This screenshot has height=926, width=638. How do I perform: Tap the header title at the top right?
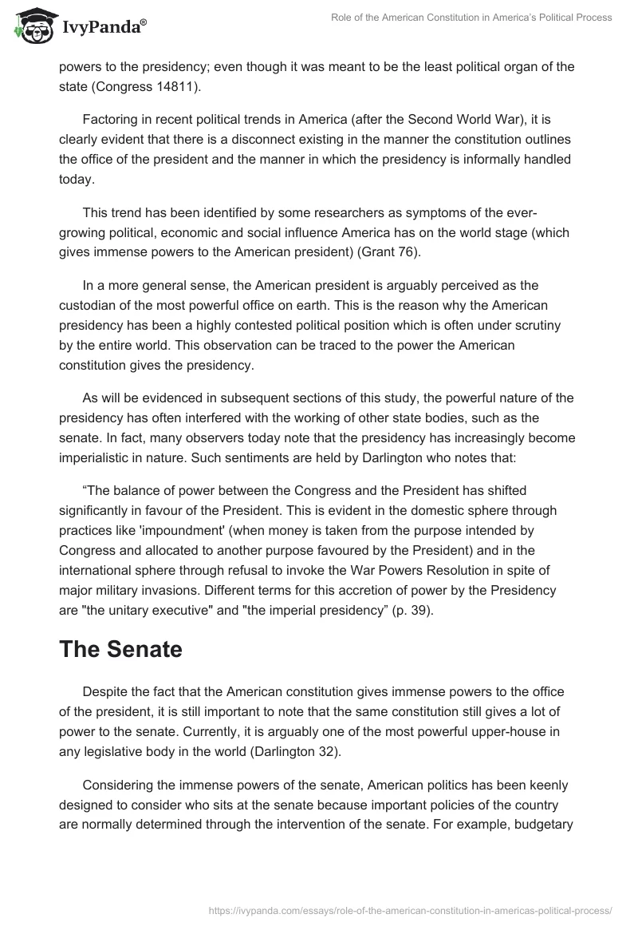471,18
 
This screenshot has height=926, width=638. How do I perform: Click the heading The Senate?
120,627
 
